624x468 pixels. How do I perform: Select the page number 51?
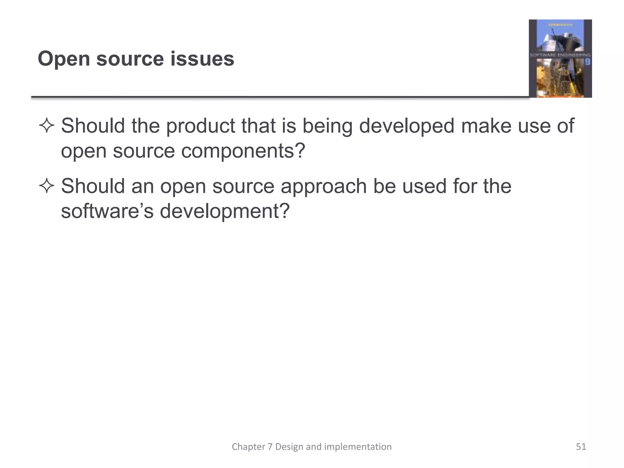pyautogui.click(x=581, y=447)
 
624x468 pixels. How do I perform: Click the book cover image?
pyautogui.click(x=560, y=58)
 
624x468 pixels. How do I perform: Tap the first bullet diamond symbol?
pyautogui.click(x=47, y=126)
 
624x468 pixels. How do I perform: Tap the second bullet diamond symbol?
pyautogui.click(x=47, y=186)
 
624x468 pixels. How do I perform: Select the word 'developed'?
pyautogui.click(x=407, y=126)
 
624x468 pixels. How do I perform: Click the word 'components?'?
pyautogui.click(x=243, y=151)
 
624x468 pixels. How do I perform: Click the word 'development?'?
pyautogui.click(x=225, y=211)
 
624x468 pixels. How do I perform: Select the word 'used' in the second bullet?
pyautogui.click(x=424, y=186)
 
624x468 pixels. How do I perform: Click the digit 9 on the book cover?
pyautogui.click(x=587, y=62)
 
